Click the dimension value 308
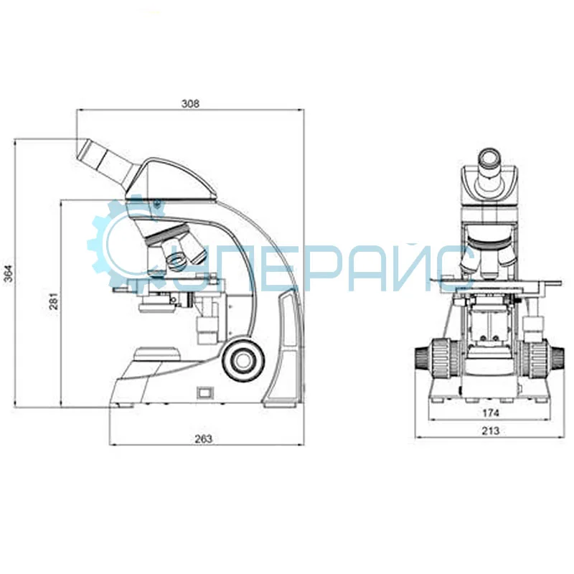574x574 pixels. click(189, 103)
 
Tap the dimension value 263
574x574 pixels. click(204, 439)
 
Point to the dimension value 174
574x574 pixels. click(491, 413)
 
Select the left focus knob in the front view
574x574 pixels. click(436, 356)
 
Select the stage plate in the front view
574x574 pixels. click(491, 282)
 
